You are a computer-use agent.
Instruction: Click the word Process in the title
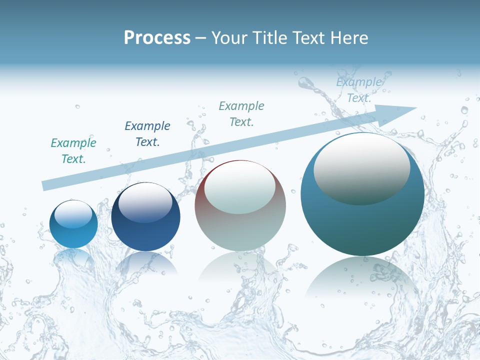tap(157, 38)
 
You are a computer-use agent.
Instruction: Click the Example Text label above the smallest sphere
tap(73, 151)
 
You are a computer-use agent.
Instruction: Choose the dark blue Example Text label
tap(147, 134)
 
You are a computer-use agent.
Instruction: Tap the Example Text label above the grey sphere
tap(241, 113)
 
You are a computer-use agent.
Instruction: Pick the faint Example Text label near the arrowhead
tap(359, 90)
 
